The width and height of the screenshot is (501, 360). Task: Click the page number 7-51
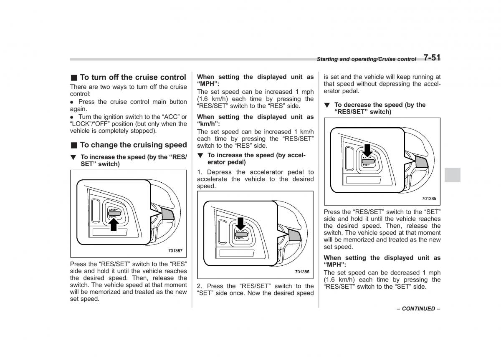click(432, 58)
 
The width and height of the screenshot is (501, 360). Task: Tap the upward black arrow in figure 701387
click(114, 224)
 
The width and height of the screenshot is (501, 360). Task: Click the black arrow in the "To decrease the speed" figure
click(367, 151)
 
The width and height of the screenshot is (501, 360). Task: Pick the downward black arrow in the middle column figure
click(241, 224)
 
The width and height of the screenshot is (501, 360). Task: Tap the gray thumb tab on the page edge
click(452, 175)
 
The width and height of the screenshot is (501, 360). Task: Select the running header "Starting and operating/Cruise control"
click(366, 59)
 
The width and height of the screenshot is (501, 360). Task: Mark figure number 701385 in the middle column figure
click(302, 272)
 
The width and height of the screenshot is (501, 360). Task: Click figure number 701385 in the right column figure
click(429, 199)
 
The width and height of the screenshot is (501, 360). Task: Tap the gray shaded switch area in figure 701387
click(169, 214)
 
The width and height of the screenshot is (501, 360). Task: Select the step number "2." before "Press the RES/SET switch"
click(200, 286)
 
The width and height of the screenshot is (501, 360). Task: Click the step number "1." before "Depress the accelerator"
click(200, 172)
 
